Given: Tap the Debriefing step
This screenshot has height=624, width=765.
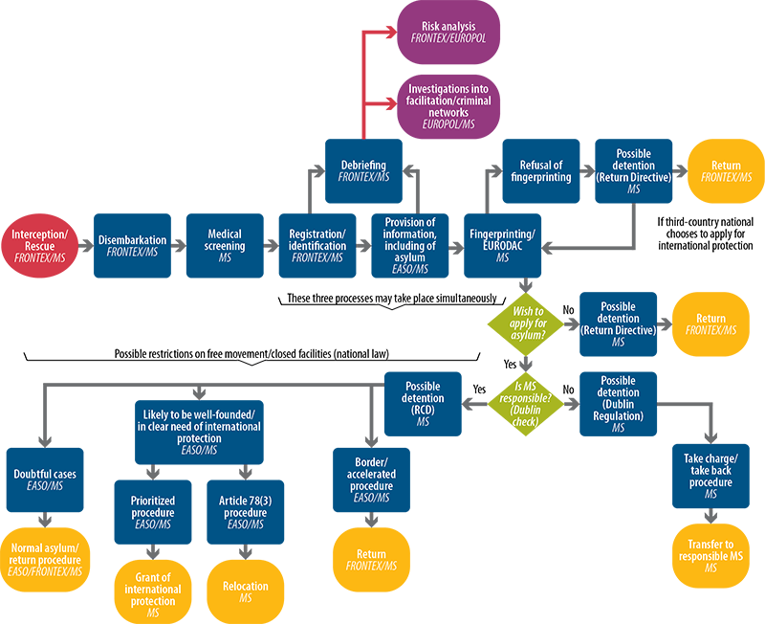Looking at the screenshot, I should pyautogui.click(x=363, y=170).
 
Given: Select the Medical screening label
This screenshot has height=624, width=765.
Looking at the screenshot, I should pyautogui.click(x=226, y=246).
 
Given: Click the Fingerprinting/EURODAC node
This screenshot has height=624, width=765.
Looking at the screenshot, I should pyautogui.click(x=503, y=246).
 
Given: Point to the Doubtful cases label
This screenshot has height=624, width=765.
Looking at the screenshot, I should pyautogui.click(x=45, y=479).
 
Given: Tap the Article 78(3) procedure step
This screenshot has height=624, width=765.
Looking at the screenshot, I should pyautogui.click(x=241, y=511).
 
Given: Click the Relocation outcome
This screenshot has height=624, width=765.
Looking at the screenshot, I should pyautogui.click(x=245, y=591).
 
